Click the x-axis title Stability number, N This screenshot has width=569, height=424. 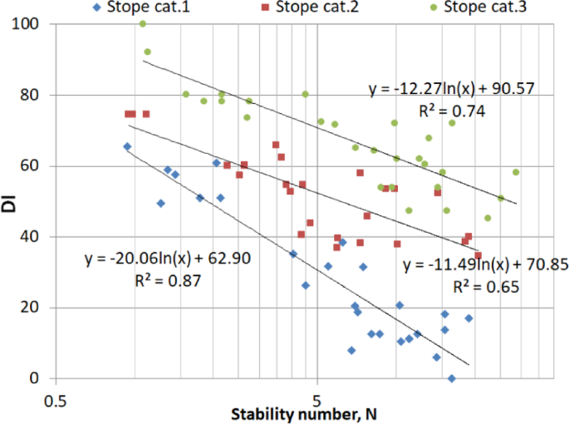pos(303,415)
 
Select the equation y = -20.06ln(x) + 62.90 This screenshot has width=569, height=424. pos(168,259)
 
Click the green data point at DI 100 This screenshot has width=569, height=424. pos(143,24)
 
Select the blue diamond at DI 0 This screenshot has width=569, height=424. pos(452,378)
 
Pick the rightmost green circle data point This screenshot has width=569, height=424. pos(516,172)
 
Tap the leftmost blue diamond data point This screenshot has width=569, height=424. pos(127,146)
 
